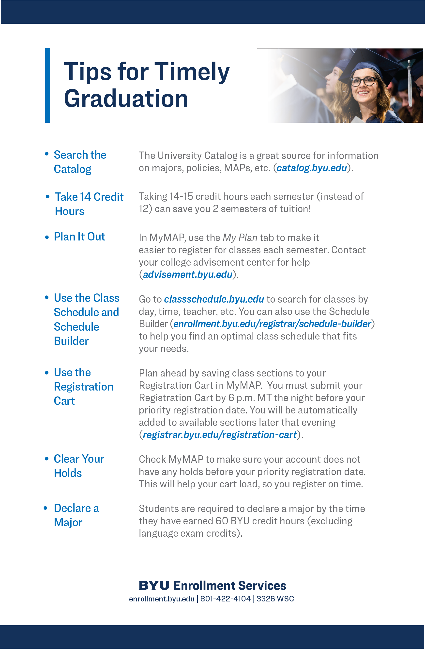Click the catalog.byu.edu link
click(311, 168)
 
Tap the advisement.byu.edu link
click(187, 274)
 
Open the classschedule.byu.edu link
click(214, 299)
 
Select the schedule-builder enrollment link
click(272, 324)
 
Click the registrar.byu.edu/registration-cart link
click(219, 435)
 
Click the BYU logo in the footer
click(154, 585)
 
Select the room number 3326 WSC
click(275, 599)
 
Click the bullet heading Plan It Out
click(79, 237)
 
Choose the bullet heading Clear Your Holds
click(79, 466)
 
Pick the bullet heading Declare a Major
click(76, 515)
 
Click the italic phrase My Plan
click(240, 238)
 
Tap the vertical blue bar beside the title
click(48, 85)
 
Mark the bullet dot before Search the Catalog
click(47, 154)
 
